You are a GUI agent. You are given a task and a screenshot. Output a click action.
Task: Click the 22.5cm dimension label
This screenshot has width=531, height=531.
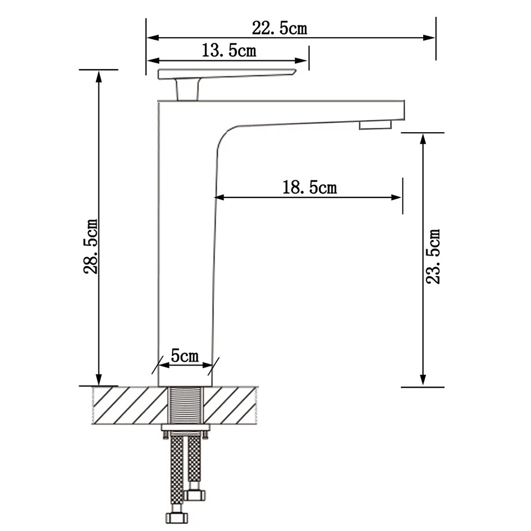pyautogui.click(x=280, y=28)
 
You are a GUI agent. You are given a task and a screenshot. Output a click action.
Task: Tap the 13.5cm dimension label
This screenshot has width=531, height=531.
pyautogui.click(x=229, y=50)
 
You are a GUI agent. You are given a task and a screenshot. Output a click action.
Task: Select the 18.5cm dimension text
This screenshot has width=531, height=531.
pyautogui.click(x=310, y=188)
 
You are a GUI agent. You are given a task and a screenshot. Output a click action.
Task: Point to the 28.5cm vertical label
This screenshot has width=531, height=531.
pyautogui.click(x=91, y=246)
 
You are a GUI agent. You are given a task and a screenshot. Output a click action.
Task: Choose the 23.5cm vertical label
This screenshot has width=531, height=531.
pyautogui.click(x=433, y=256)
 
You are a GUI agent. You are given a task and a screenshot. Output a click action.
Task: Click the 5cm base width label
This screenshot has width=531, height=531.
pyautogui.click(x=185, y=356)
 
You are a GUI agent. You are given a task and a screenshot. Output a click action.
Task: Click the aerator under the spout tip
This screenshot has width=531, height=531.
pyautogui.click(x=375, y=124)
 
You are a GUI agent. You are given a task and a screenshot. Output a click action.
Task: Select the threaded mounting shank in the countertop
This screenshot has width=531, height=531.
pyautogui.click(x=186, y=405)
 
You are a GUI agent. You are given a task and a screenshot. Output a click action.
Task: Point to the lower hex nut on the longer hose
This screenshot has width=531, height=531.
pyautogui.click(x=176, y=518)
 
